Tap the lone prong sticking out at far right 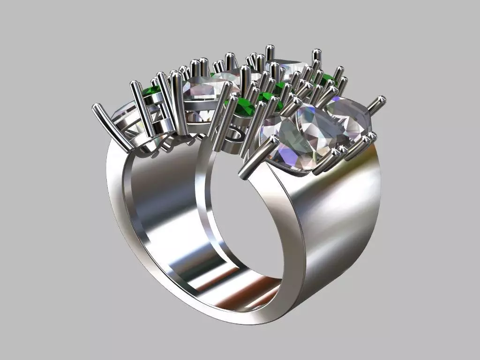[x=377, y=104]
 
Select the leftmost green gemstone [x=151, y=91]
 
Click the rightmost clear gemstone [x=349, y=117]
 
